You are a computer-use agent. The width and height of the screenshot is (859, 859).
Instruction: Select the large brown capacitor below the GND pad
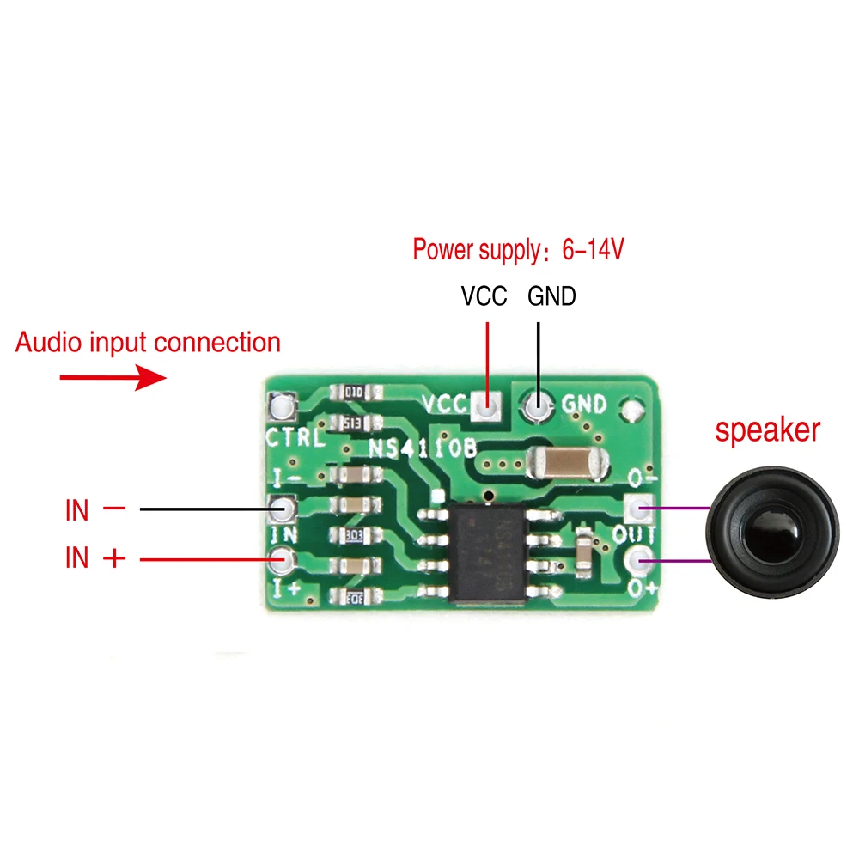[566, 464]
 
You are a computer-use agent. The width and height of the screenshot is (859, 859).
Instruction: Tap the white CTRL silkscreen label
[295, 438]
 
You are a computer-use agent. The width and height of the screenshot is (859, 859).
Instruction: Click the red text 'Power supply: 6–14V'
[518, 250]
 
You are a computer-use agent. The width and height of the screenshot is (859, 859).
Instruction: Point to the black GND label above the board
[551, 297]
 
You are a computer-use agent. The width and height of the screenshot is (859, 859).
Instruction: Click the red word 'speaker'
[768, 429]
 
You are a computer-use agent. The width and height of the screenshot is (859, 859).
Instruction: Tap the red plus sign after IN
[113, 558]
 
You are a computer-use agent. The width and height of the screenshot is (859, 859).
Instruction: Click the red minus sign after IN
[113, 509]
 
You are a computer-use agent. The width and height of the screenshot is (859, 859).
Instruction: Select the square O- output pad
[637, 509]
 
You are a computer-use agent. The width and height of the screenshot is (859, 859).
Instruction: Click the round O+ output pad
[637, 563]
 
